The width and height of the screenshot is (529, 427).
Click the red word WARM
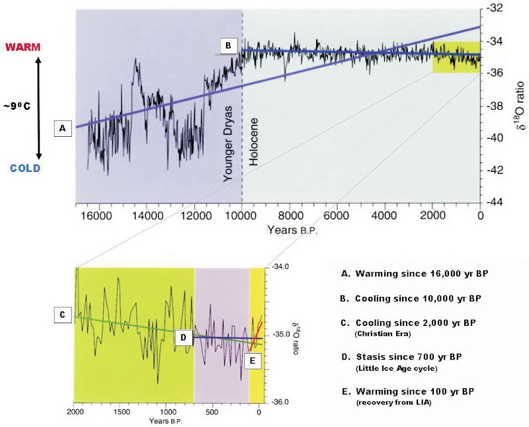point(22,47)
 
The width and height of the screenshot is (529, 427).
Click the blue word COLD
point(25,168)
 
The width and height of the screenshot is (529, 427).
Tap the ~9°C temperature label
point(17,106)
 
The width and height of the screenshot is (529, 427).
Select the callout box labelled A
point(63,128)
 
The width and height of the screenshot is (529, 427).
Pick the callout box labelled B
point(229,46)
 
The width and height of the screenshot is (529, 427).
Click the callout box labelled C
point(63,315)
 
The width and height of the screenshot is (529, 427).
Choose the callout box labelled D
point(183,338)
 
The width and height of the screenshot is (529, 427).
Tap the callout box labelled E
point(253,360)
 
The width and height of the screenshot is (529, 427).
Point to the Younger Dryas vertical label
point(228,143)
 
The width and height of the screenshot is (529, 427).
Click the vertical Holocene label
point(253,141)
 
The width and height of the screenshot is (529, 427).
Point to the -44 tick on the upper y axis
point(494,202)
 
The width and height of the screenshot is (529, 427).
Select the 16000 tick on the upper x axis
point(99,215)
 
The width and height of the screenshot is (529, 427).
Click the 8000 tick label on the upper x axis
point(290,215)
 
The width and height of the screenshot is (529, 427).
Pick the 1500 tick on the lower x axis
point(122,412)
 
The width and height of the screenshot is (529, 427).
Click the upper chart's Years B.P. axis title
point(292,230)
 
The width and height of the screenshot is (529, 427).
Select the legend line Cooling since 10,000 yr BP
point(411,299)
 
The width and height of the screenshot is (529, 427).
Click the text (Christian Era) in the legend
point(383,334)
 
